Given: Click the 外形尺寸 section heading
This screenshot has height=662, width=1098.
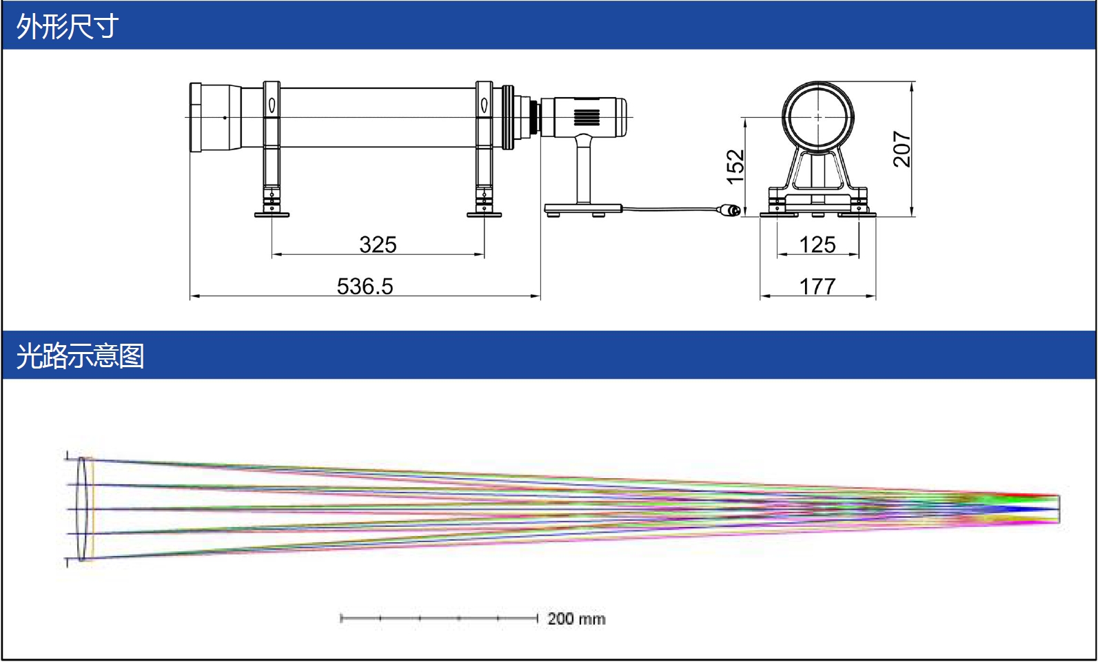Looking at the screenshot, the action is tap(67, 26).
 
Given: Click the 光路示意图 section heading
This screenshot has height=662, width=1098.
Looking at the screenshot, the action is tap(81, 355).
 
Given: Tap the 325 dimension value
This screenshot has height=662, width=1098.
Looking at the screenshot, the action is tap(378, 245).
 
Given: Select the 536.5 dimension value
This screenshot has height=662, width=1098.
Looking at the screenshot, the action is tap(365, 286).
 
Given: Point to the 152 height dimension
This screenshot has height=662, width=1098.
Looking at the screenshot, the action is tap(735, 167).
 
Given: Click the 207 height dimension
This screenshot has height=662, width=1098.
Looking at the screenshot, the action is tap(902, 149).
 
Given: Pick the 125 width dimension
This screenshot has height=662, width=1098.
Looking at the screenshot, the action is tap(817, 245).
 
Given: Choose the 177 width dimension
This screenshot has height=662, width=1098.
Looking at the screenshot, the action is tap(817, 286).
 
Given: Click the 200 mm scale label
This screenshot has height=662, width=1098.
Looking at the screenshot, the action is tap(576, 619).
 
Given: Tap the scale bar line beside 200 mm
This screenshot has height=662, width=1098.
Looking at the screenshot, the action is tap(438, 619).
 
